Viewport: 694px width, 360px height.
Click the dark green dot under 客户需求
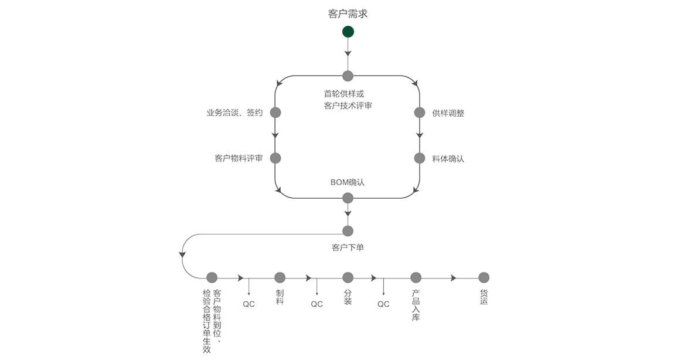coord(348,32)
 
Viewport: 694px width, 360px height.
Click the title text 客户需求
coord(348,13)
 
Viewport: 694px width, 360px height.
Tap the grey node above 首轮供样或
coord(348,76)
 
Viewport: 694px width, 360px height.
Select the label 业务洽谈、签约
coord(234,113)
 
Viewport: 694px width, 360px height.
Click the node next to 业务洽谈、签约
coord(275,113)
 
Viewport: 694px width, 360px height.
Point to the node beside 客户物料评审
coord(275,158)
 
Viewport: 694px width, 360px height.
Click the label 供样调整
coord(448,113)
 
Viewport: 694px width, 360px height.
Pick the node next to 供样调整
coord(419,113)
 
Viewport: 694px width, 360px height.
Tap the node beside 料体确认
coord(419,158)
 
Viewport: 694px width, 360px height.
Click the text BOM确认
coord(348,182)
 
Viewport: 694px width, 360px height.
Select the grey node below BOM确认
coord(348,198)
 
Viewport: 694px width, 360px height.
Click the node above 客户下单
coord(348,231)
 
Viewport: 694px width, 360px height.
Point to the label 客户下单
coord(348,247)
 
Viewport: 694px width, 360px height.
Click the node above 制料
coord(280,277)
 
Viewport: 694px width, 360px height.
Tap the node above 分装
coord(348,277)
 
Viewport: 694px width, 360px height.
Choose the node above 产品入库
coord(416,277)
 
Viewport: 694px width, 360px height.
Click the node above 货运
coord(484,277)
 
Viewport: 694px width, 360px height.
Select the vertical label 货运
coord(484,297)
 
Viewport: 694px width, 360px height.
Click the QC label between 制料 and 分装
coord(317,304)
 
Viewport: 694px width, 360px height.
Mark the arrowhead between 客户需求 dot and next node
coord(348,53)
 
